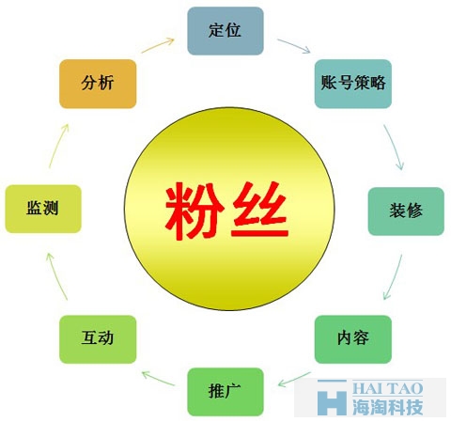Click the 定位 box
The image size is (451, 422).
tap(225, 31)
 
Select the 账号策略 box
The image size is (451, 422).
tap(353, 84)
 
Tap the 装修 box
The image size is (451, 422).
tap(406, 211)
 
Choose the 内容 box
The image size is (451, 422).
tap(353, 339)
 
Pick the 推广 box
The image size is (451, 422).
tap(225, 392)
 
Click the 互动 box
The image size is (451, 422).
tap(98, 339)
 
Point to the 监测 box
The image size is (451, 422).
tap(43, 209)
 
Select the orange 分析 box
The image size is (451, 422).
tap(98, 84)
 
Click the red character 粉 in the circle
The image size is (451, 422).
tap(194, 211)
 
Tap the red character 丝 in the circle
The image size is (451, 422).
tap(259, 210)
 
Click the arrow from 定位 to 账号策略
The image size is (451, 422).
tap(294, 45)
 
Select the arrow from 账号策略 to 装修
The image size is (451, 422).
tap(394, 148)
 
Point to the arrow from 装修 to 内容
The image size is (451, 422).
tap(394, 277)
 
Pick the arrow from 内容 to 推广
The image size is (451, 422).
tap(294, 380)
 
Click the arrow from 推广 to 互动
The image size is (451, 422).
tap(158, 378)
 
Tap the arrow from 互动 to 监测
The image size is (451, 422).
tap(56, 276)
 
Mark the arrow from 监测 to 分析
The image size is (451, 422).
tap(58, 146)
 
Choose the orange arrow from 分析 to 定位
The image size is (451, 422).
tap(158, 45)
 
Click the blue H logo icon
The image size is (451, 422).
tap(332, 397)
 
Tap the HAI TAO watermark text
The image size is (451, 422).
tap(388, 389)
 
